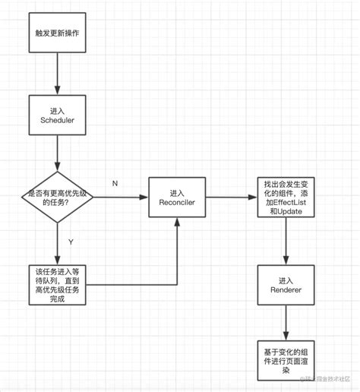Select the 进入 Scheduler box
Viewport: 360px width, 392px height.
tap(58, 116)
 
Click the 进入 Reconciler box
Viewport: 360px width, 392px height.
tap(177, 198)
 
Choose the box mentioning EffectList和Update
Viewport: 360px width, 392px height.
tap(286, 198)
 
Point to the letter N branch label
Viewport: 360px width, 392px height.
tap(115, 184)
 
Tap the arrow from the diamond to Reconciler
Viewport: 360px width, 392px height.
tap(122, 198)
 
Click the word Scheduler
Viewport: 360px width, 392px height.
tap(58, 122)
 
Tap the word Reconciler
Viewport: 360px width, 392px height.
tap(177, 203)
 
